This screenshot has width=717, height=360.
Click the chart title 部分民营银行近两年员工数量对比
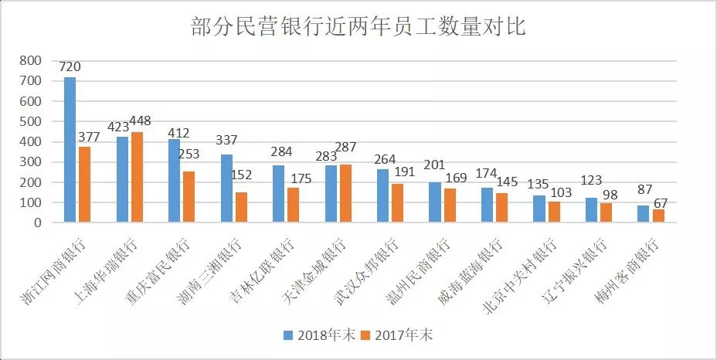point(358,28)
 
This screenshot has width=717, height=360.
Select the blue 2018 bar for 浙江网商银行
point(70,150)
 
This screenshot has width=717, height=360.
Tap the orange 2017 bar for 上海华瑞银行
point(137,178)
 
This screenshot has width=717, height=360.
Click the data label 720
point(70,67)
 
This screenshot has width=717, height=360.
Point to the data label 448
point(140,121)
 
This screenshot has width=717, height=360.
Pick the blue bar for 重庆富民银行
point(175,181)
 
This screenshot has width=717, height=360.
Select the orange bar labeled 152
point(241,207)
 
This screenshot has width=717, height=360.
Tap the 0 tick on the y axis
point(37,222)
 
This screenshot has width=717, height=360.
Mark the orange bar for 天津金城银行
point(345,193)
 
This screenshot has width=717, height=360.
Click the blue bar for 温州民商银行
point(435,202)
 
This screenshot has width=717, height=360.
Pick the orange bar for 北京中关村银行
point(554,212)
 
